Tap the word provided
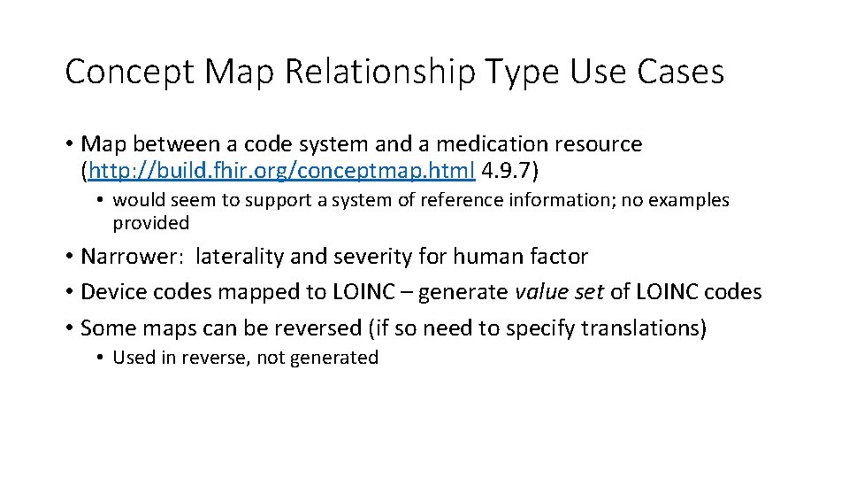[x=150, y=223]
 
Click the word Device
[x=111, y=292]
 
